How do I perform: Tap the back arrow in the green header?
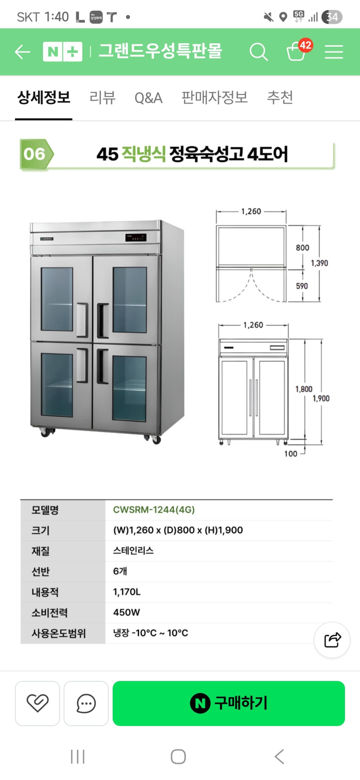22,52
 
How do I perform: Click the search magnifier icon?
258,52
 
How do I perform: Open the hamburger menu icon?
334,52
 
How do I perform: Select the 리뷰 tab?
102,98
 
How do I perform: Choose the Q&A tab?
148,98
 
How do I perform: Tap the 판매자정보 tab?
214,98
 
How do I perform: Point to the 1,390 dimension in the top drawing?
319,263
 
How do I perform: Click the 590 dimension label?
302,286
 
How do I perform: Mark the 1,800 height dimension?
304,389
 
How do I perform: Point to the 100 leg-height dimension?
291,454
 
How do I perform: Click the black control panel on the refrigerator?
136,238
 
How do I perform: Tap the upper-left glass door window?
57,299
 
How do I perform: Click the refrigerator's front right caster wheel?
156,439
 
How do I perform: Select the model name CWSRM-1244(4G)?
154,510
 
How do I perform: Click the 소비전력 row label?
50,613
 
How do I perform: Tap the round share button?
332,640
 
